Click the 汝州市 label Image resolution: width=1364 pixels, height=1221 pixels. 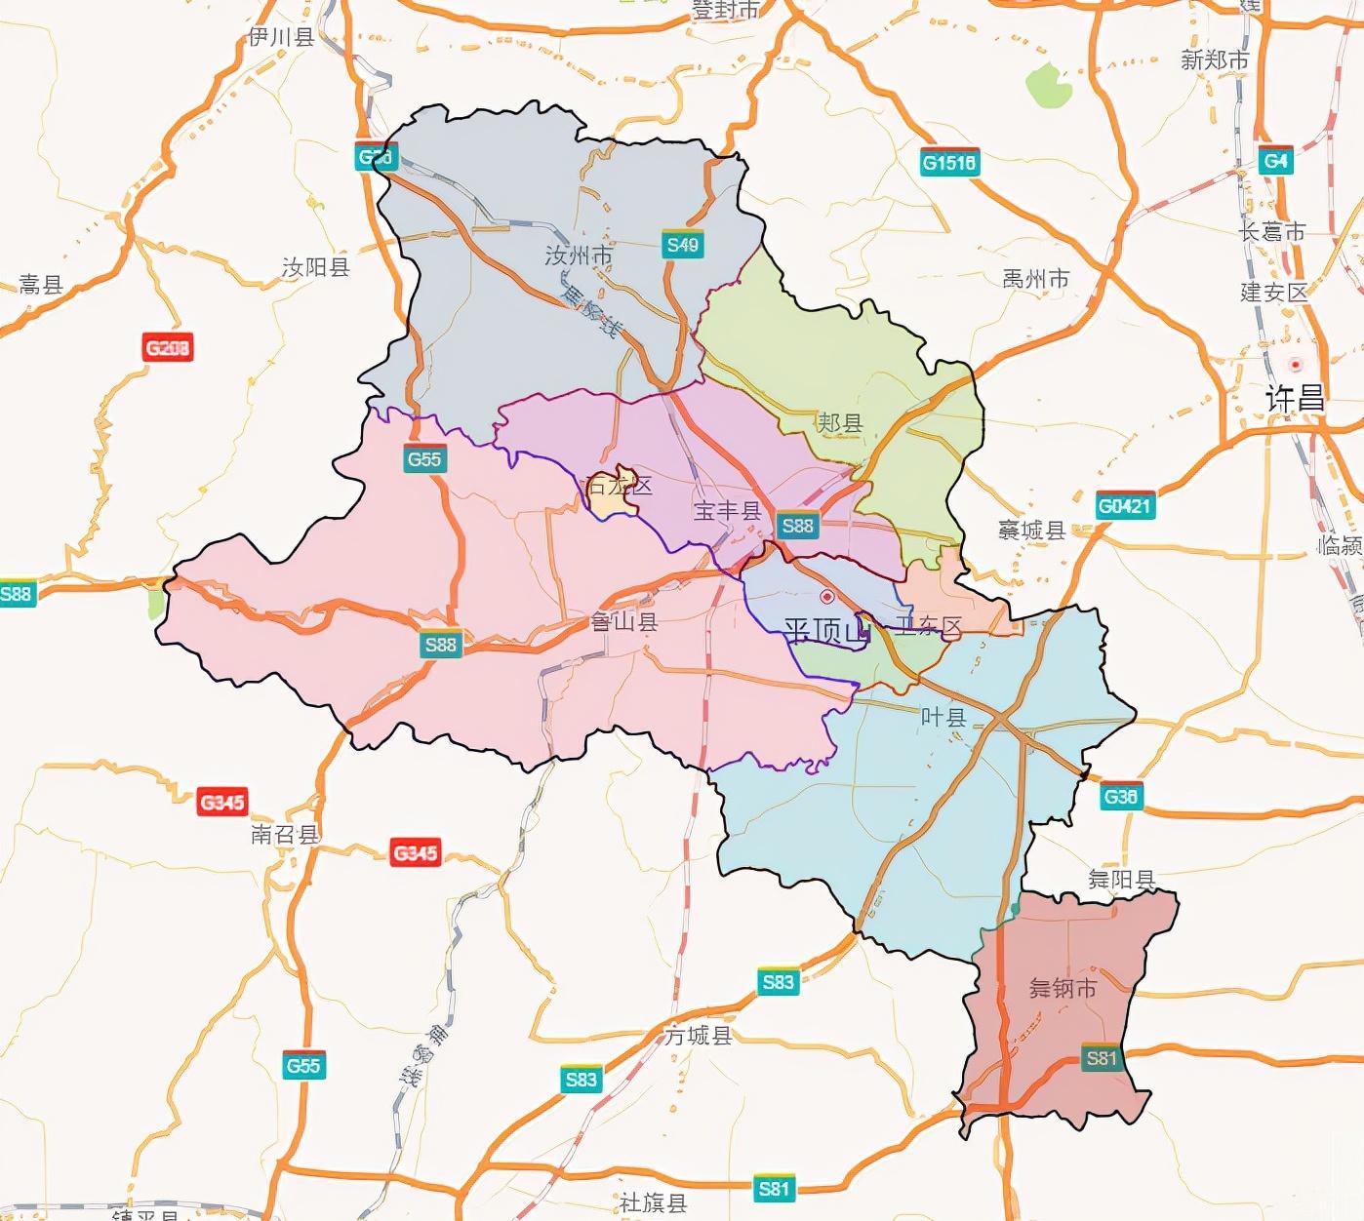click(x=579, y=256)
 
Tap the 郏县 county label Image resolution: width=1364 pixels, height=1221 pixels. click(x=839, y=422)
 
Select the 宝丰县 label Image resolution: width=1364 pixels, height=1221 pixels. click(x=727, y=510)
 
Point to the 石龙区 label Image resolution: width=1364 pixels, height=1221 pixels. click(x=618, y=485)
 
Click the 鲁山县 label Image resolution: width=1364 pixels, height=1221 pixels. click(x=624, y=621)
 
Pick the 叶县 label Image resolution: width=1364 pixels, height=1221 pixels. click(x=943, y=717)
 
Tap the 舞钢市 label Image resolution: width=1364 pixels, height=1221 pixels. click(x=1063, y=988)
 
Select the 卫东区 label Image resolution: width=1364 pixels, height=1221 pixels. click(x=928, y=627)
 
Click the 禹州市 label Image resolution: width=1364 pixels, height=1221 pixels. click(x=1035, y=279)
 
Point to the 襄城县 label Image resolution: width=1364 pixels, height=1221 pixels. click(x=1031, y=530)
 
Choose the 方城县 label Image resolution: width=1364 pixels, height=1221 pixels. click(x=699, y=1035)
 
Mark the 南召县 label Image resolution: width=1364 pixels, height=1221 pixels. click(x=285, y=834)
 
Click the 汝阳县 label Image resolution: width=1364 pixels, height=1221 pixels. click(x=315, y=266)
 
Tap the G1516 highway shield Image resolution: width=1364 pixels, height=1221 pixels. click(x=949, y=163)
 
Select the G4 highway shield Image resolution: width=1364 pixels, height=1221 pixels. click(x=1275, y=161)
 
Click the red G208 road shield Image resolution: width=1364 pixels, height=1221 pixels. click(x=168, y=347)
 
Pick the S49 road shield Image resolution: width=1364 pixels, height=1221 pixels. click(x=682, y=245)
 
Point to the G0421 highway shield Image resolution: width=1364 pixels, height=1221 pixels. click(x=1125, y=506)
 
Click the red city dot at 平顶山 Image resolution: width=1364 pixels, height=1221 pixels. click(x=827, y=597)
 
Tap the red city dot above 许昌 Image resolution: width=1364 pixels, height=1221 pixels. click(x=1296, y=365)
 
